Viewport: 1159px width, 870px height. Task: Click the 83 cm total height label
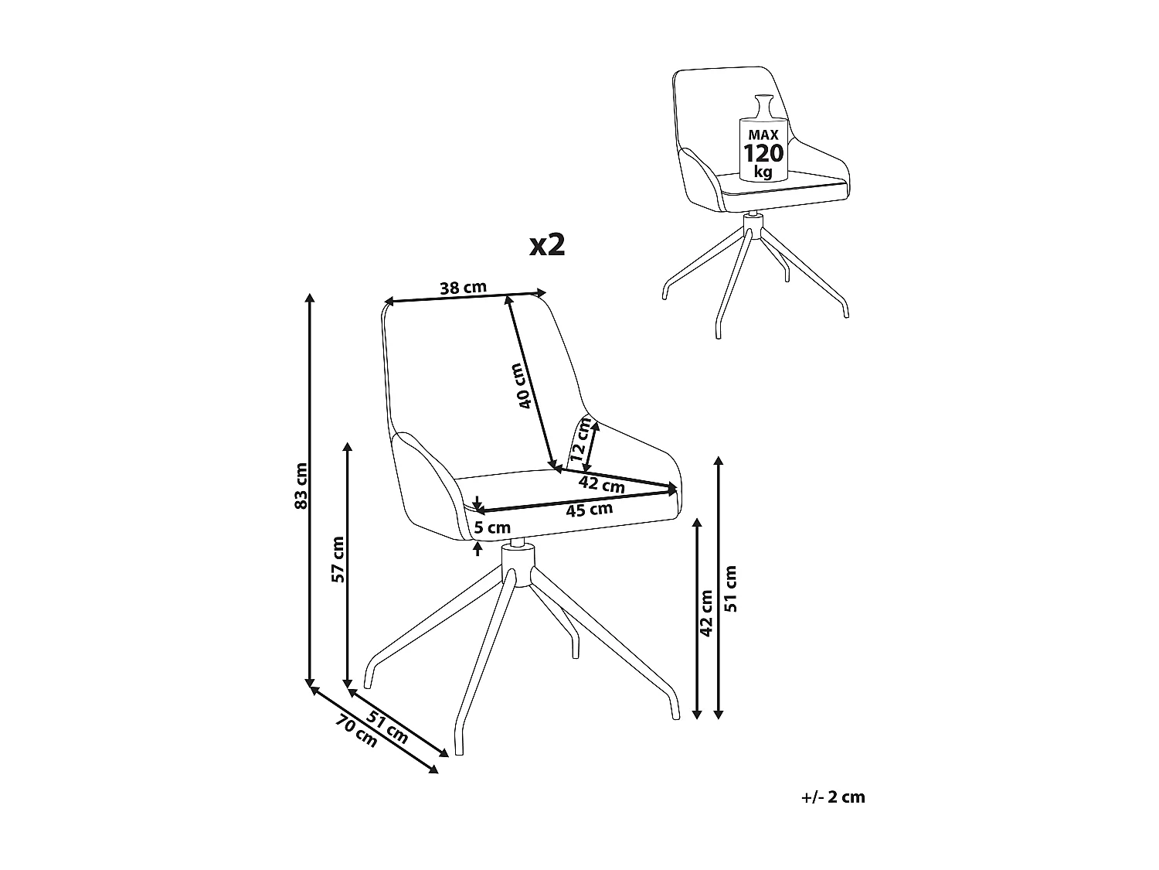click(302, 486)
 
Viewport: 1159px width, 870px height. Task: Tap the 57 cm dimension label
click(338, 559)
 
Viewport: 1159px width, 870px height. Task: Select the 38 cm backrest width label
click(463, 288)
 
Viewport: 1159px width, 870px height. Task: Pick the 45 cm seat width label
click(590, 510)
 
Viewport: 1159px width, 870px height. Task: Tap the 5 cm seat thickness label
click(492, 528)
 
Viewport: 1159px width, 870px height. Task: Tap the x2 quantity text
click(548, 245)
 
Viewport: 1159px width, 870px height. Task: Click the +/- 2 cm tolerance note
click(834, 797)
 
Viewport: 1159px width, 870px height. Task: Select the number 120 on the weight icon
click(763, 152)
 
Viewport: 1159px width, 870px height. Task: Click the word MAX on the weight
click(763, 133)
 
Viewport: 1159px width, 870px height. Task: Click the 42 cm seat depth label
click(602, 486)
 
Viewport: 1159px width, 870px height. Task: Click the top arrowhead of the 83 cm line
click(311, 298)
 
